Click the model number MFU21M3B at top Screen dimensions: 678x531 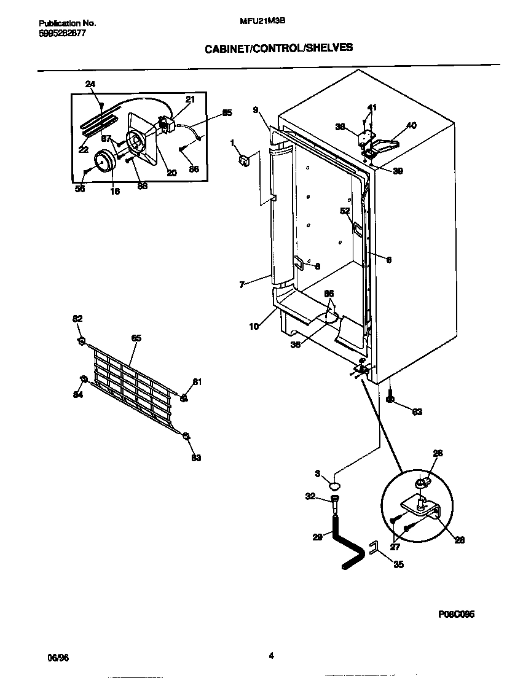tap(262, 20)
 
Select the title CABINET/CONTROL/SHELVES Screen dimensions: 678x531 tap(278, 47)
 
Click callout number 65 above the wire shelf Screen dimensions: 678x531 tap(136, 338)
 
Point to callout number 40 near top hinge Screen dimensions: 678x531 tap(411, 125)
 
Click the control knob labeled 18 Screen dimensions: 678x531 tap(105, 162)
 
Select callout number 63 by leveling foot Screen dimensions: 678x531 tap(417, 412)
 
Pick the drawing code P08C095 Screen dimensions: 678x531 tap(457, 614)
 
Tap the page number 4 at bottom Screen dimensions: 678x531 tap(271, 655)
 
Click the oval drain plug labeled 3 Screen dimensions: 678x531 tap(335, 485)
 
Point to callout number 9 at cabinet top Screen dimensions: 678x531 tap(255, 110)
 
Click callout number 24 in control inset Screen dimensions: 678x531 tap(90, 84)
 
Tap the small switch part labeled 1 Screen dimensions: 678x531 tap(244, 161)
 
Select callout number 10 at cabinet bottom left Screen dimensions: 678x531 tap(254, 327)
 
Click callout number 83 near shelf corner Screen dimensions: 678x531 tap(196, 458)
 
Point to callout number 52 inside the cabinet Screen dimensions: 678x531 tap(345, 211)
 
